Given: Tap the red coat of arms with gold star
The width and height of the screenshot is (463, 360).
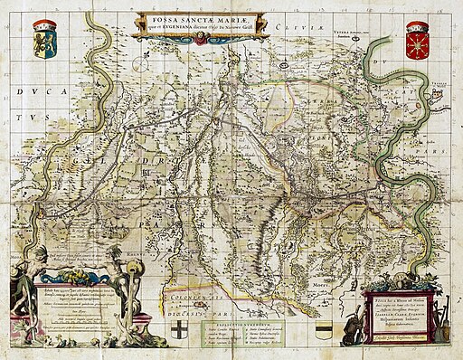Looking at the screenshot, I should [417, 41].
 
